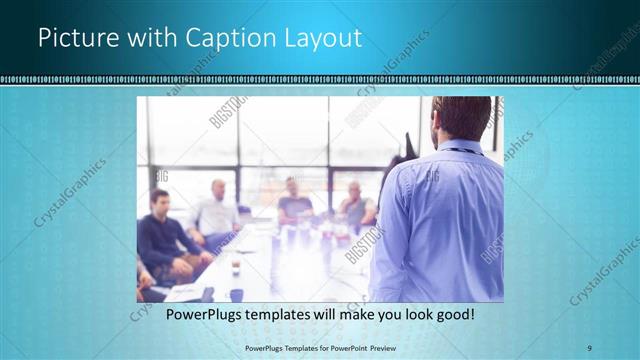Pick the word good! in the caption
(x=452, y=314)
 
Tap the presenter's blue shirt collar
(x=459, y=147)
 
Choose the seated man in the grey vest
(x=355, y=204)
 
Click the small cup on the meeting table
(x=234, y=268)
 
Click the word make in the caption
(x=339, y=314)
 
